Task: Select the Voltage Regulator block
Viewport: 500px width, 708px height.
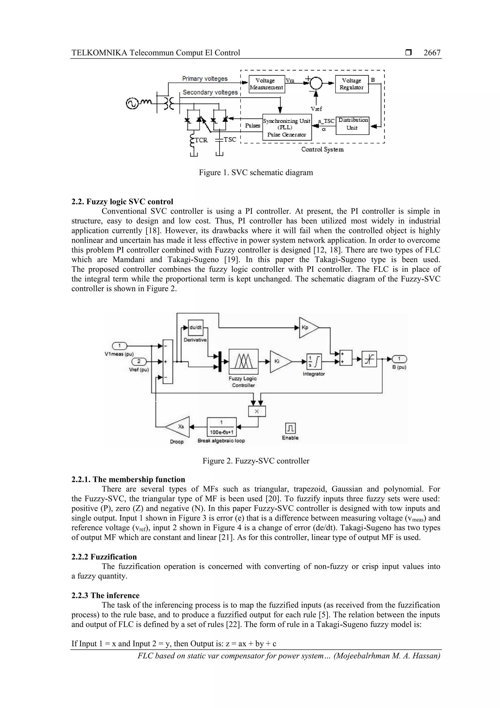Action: coord(352,84)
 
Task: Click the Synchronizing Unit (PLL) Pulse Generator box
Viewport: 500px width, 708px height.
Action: coord(287,127)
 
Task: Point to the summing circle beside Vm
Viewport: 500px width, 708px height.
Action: coord(315,83)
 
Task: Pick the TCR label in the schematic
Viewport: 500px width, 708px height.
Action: coord(201,140)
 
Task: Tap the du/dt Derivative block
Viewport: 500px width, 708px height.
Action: coord(195,327)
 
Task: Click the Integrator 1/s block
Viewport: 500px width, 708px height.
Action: coord(314,361)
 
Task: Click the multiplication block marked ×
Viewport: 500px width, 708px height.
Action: coord(257,411)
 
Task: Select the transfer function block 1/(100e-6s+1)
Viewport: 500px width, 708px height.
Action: coord(221,427)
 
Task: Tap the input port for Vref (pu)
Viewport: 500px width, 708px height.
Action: coord(139,361)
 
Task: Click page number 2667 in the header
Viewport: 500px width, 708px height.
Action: coord(432,53)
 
